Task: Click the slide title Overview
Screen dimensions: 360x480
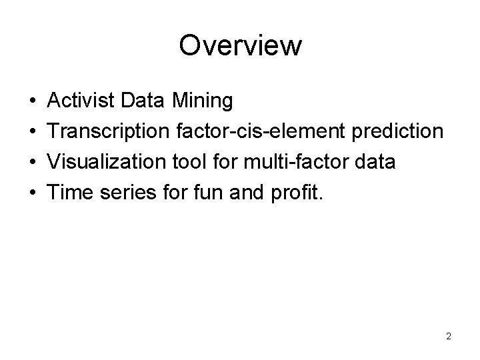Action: point(240,46)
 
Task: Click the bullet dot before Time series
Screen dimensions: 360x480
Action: point(33,193)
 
